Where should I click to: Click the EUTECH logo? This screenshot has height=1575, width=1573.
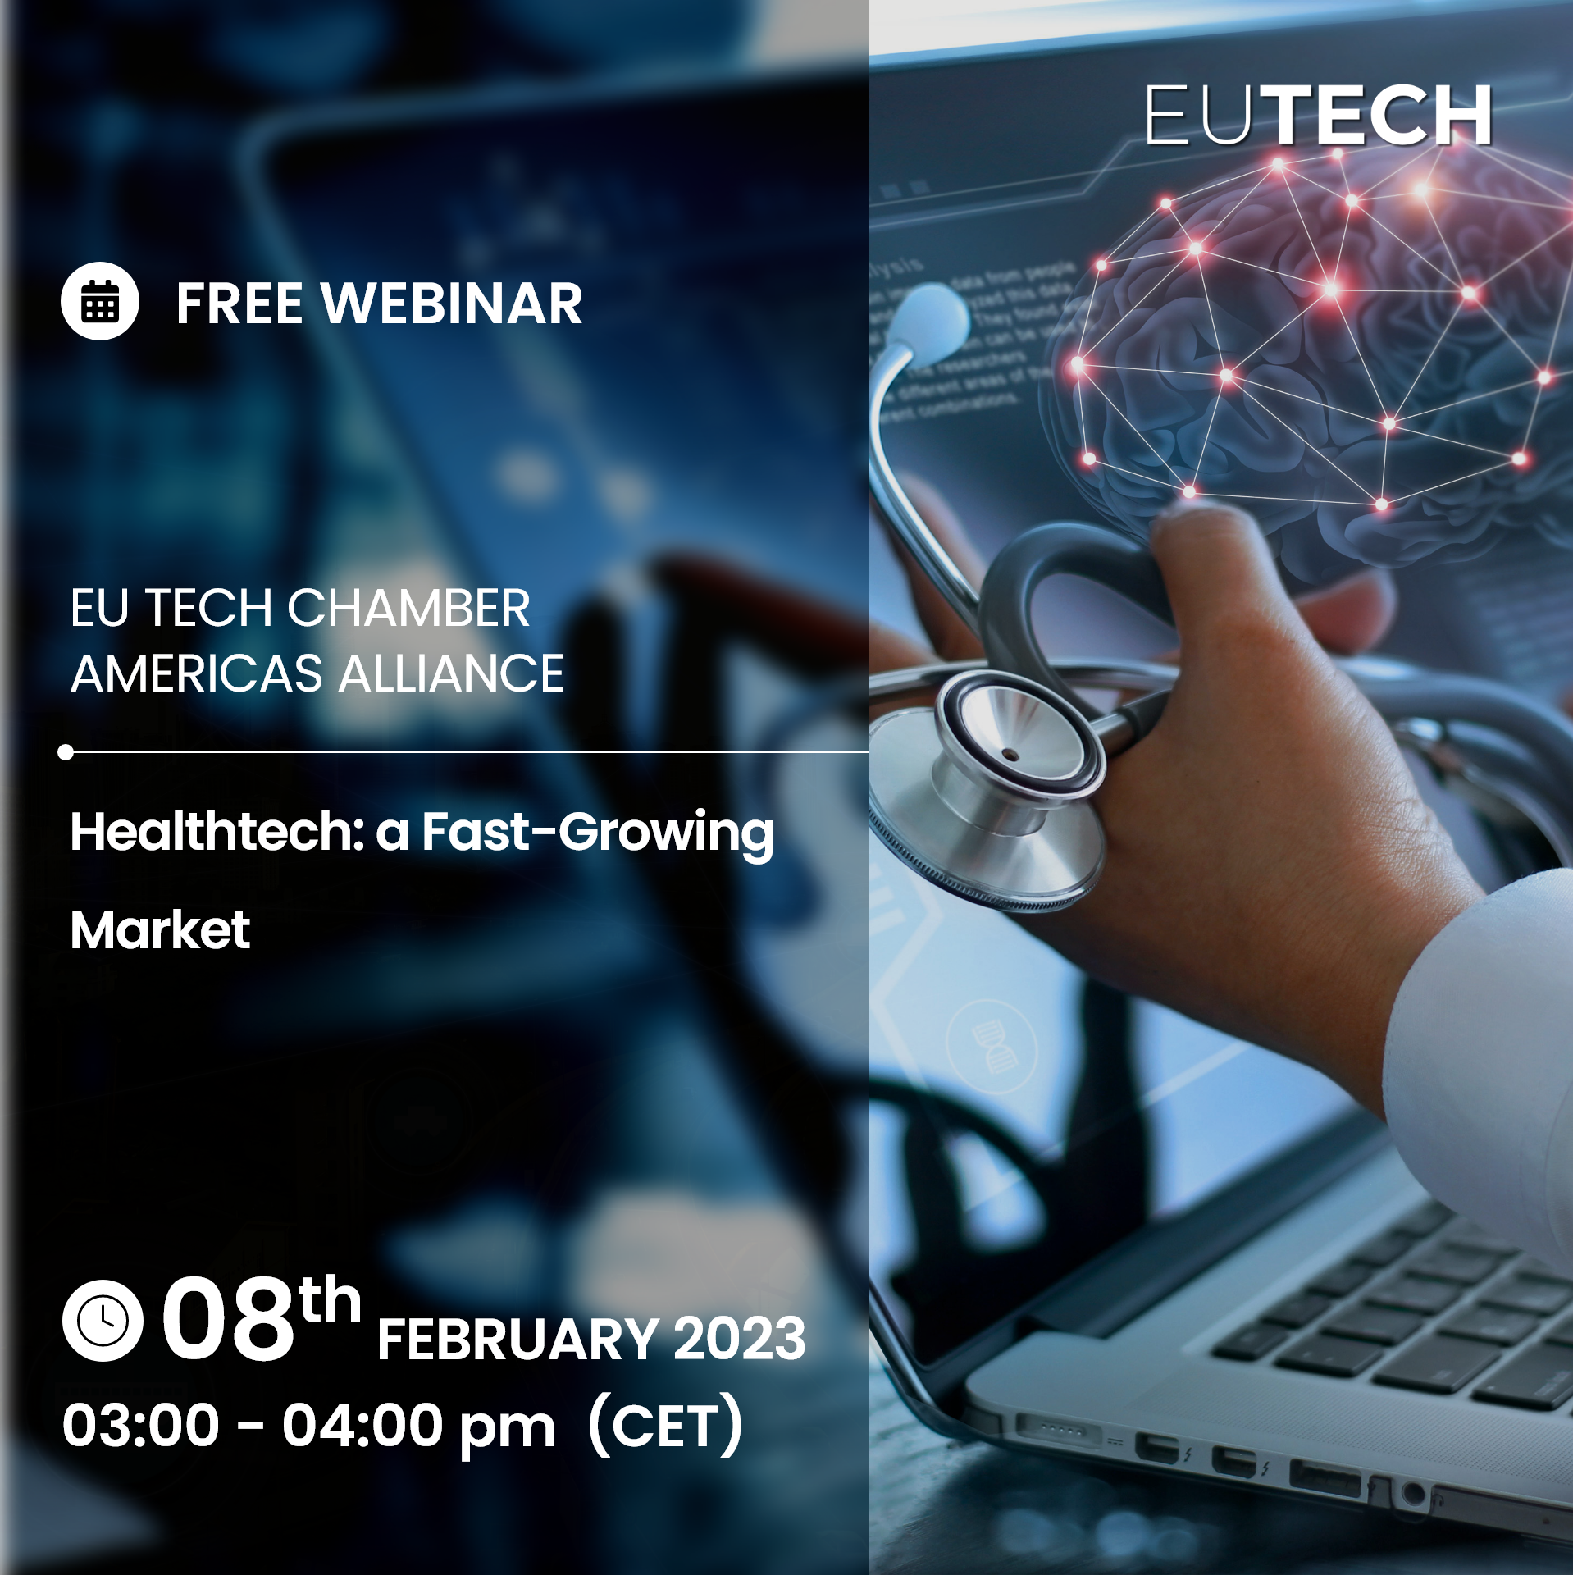tap(1318, 116)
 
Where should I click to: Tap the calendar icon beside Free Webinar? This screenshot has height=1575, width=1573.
tap(100, 301)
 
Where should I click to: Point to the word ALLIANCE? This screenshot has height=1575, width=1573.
tap(452, 673)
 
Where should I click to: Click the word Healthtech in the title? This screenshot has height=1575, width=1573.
tap(217, 832)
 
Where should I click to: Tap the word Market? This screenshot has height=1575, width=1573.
tap(160, 930)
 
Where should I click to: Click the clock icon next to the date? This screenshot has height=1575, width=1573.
tap(103, 1320)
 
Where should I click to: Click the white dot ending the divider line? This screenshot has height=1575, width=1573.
tap(66, 752)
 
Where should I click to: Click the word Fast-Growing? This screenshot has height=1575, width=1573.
tap(598, 835)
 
